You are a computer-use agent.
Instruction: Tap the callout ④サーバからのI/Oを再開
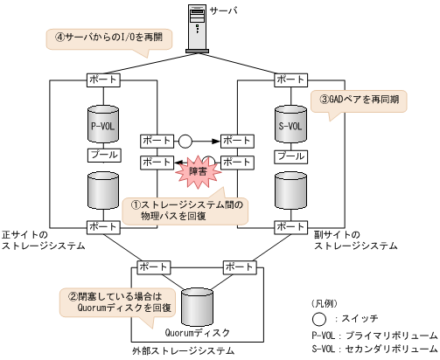pyautogui.click(x=108, y=38)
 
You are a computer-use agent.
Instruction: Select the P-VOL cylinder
pyautogui.click(x=104, y=125)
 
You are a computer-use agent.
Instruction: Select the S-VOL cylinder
pyautogui.click(x=290, y=125)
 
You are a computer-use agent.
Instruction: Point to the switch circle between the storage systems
pyautogui.click(x=185, y=140)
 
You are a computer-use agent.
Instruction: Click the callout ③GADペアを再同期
pyautogui.click(x=359, y=99)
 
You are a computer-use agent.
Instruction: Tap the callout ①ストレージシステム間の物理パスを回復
pyautogui.click(x=185, y=211)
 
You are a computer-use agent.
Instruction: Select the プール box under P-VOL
pyautogui.click(x=104, y=155)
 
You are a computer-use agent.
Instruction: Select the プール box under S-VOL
pyautogui.click(x=290, y=156)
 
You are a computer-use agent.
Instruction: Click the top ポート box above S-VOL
pyautogui.click(x=290, y=80)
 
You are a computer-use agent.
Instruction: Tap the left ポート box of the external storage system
pyautogui.click(x=154, y=266)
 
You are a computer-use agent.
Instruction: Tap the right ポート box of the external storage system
pyautogui.click(x=241, y=266)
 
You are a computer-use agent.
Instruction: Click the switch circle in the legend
pyautogui.click(x=318, y=317)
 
